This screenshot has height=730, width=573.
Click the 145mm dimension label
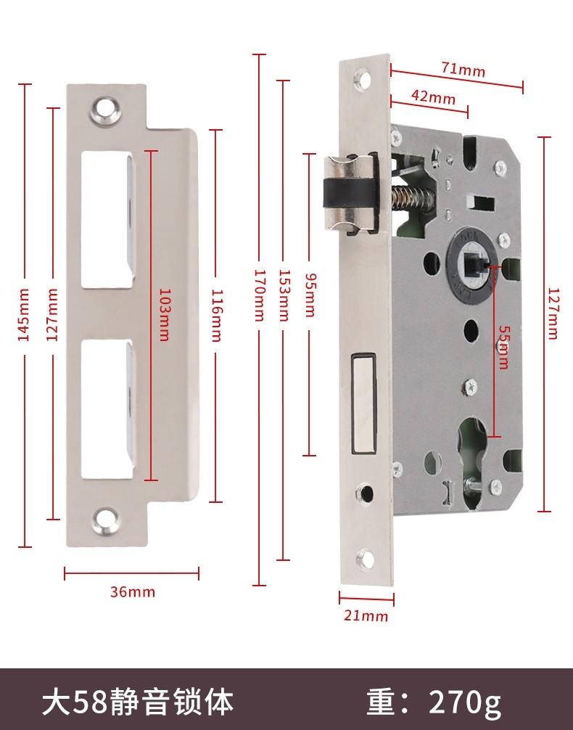[24, 315]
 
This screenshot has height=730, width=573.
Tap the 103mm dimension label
[164, 315]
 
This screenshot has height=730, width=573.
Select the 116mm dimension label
[216, 315]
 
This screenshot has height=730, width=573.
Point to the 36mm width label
[133, 591]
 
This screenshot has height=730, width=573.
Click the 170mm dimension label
[259, 295]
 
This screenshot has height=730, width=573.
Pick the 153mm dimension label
[284, 295]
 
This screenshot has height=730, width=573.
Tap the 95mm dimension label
[310, 295]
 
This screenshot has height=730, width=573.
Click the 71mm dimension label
[463, 70]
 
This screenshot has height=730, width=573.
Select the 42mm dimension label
[433, 97]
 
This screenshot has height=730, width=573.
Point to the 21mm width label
[366, 615]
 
